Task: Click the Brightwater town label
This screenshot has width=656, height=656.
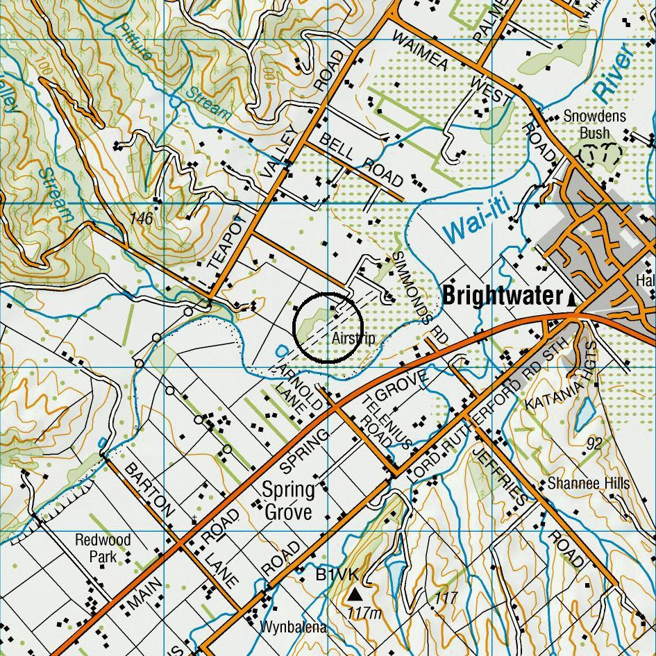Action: (x=502, y=296)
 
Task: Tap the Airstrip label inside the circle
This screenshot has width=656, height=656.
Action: (x=353, y=339)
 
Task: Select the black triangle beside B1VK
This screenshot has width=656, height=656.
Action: (x=355, y=594)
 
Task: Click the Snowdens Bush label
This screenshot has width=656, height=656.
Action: (x=595, y=124)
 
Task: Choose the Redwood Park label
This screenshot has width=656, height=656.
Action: (x=103, y=548)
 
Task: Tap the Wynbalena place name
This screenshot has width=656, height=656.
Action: (x=293, y=628)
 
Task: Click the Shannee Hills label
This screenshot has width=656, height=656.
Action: (x=588, y=483)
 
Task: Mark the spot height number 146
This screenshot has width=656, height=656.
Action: (x=140, y=219)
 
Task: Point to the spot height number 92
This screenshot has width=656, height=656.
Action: (x=594, y=444)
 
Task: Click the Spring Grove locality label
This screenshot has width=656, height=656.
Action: (x=287, y=501)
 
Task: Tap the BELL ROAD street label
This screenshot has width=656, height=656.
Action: (x=361, y=160)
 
